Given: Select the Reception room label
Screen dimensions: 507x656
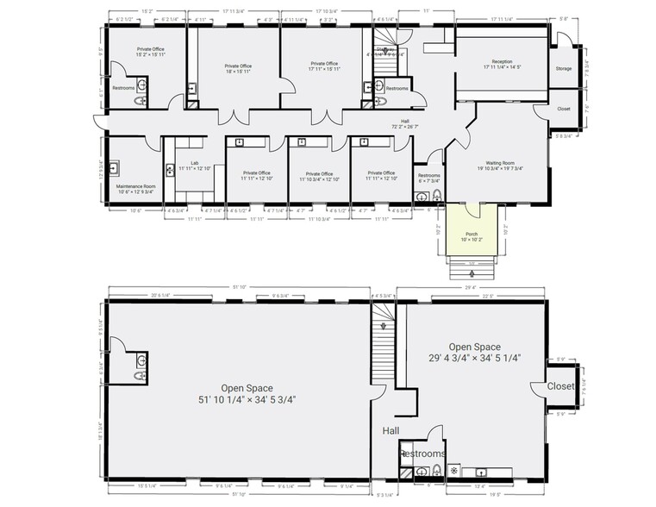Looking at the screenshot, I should [x=501, y=64].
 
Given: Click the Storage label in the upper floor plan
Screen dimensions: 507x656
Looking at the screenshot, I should [x=563, y=68].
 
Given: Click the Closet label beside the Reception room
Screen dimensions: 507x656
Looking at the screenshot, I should [x=564, y=109].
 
